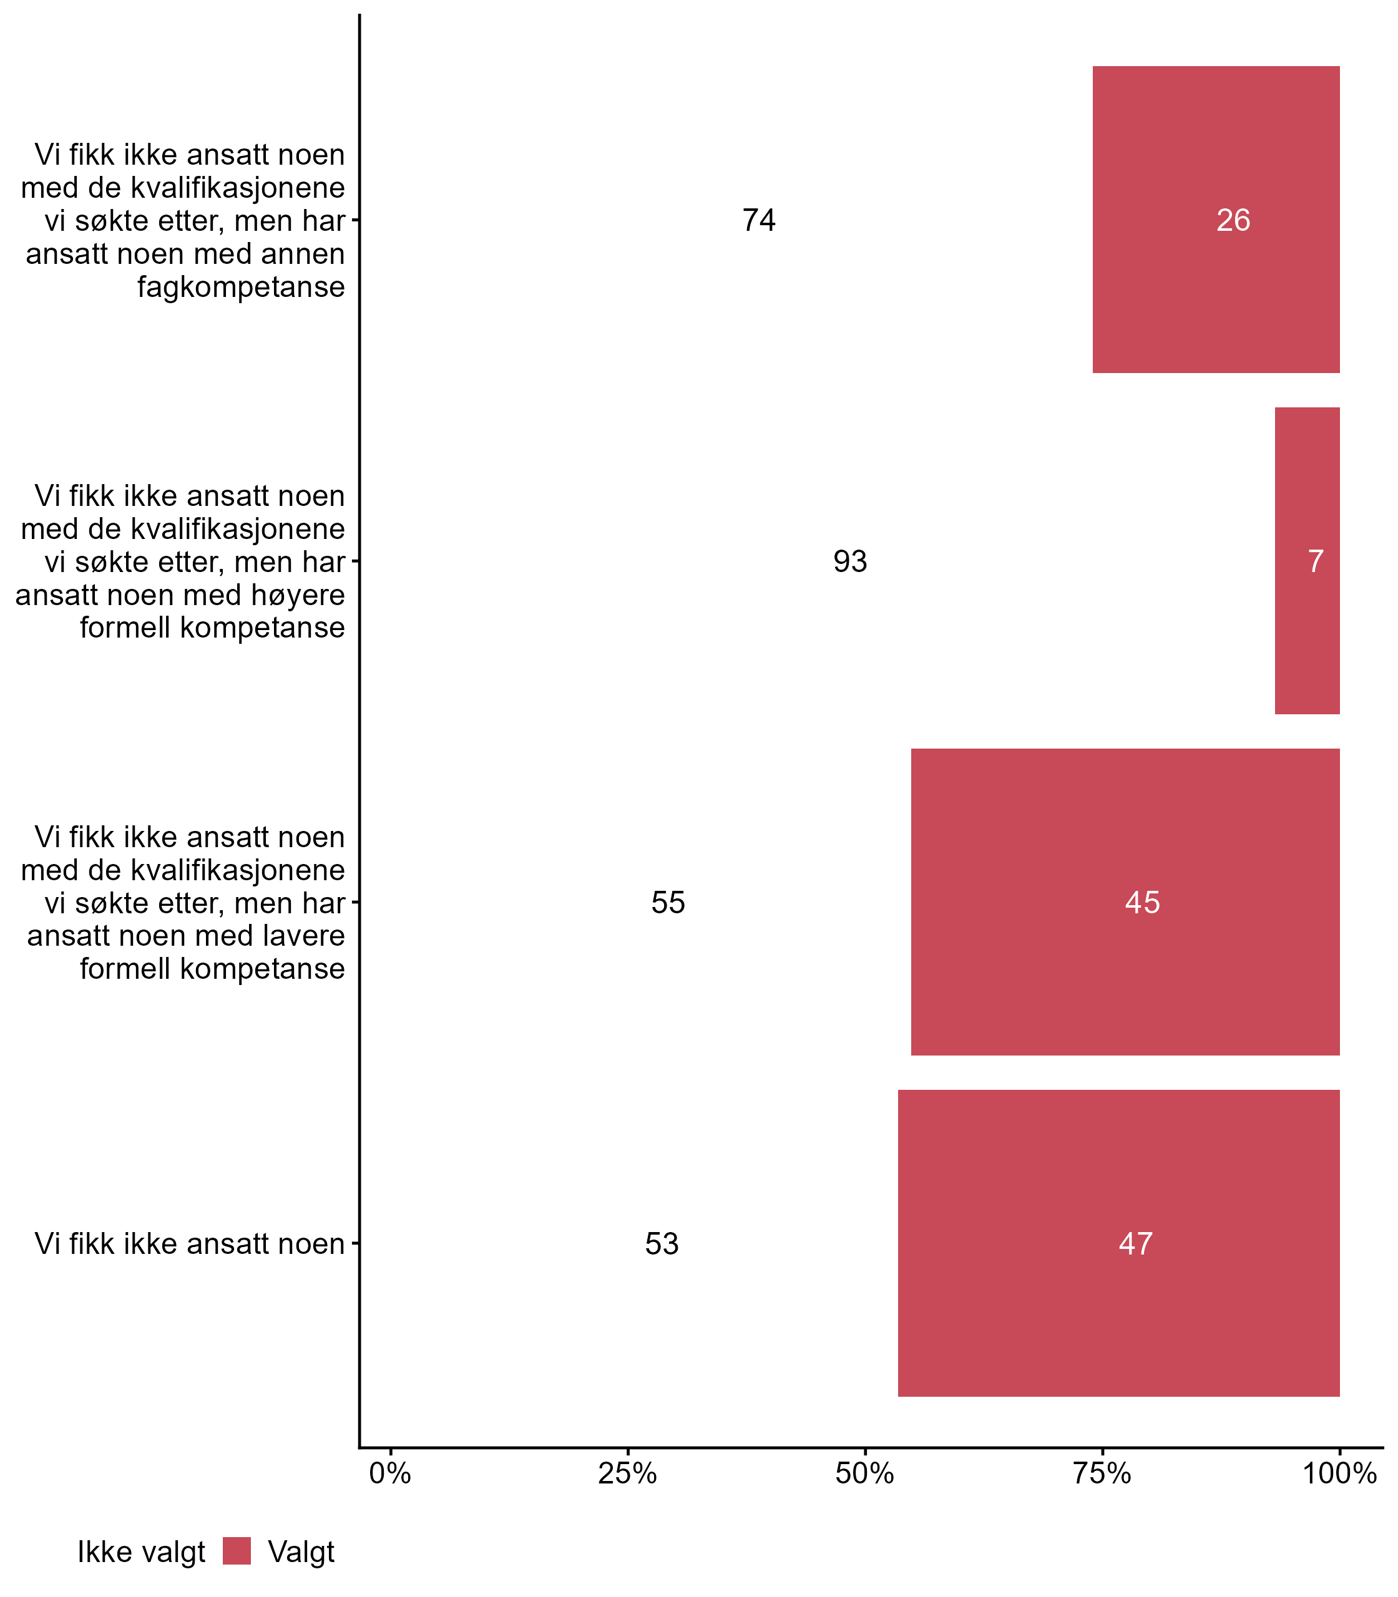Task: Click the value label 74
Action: pos(758,221)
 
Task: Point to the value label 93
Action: pos(849,561)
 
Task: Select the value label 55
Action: pos(668,903)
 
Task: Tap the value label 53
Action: pos(662,1244)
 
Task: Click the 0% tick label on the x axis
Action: pos(390,1473)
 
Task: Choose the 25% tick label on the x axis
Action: pos(627,1473)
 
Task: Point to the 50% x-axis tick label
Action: pos(864,1473)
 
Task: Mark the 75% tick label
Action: pos(1102,1473)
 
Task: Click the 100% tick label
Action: pos(1339,1473)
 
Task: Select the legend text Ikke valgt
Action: pos(141,1553)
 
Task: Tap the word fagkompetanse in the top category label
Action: pos(241,287)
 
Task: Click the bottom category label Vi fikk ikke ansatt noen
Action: pos(190,1244)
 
